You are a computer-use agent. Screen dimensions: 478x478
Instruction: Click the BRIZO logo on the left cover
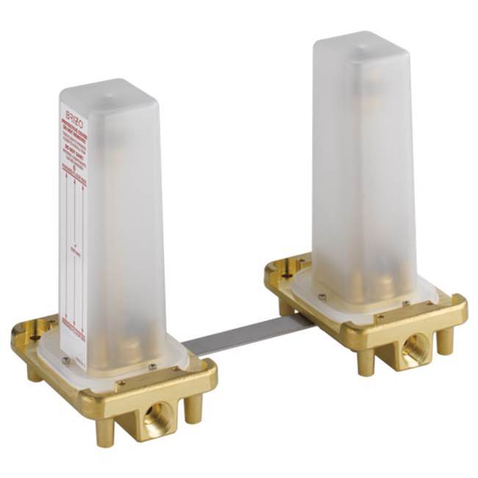tap(73, 116)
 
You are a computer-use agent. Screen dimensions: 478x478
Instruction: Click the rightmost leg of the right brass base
tap(445, 340)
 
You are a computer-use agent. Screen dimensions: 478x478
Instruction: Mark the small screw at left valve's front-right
tap(152, 366)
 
